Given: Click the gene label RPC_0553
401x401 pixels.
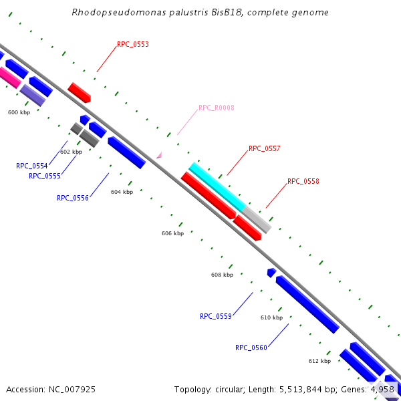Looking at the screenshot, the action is (132, 45).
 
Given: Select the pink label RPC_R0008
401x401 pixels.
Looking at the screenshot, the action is (216, 108).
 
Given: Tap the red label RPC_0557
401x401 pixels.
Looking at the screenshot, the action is (264, 149).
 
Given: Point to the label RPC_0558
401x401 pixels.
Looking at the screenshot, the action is (303, 181).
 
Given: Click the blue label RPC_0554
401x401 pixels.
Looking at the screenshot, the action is (31, 166).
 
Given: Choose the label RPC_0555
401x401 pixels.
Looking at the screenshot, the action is (44, 176).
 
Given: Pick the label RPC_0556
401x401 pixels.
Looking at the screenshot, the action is (72, 198).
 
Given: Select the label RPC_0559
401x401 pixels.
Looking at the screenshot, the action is (215, 316).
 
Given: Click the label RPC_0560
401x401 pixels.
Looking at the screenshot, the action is (251, 348).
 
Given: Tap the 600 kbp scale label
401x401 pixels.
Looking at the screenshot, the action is (19, 112).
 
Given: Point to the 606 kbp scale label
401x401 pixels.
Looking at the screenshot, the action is (172, 233).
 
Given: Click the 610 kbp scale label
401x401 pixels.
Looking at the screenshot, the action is (271, 317).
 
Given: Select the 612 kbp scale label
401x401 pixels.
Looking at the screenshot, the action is (319, 361).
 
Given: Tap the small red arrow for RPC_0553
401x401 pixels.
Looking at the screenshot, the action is (79, 93).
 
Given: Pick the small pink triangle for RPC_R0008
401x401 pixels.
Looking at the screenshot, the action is (159, 155).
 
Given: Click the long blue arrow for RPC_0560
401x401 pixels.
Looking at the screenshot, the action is (307, 304).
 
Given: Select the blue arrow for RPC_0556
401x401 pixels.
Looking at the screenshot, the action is (126, 152).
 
